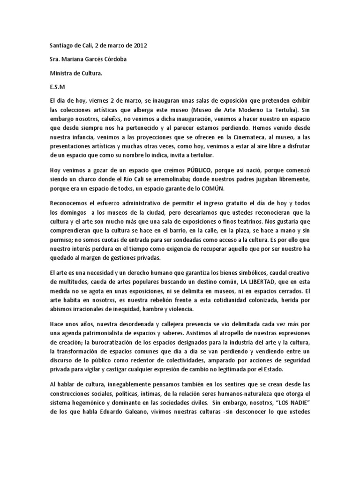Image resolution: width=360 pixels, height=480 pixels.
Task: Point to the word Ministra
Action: click(x=62, y=73)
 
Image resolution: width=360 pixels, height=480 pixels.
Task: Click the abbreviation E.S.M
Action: click(x=57, y=87)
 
